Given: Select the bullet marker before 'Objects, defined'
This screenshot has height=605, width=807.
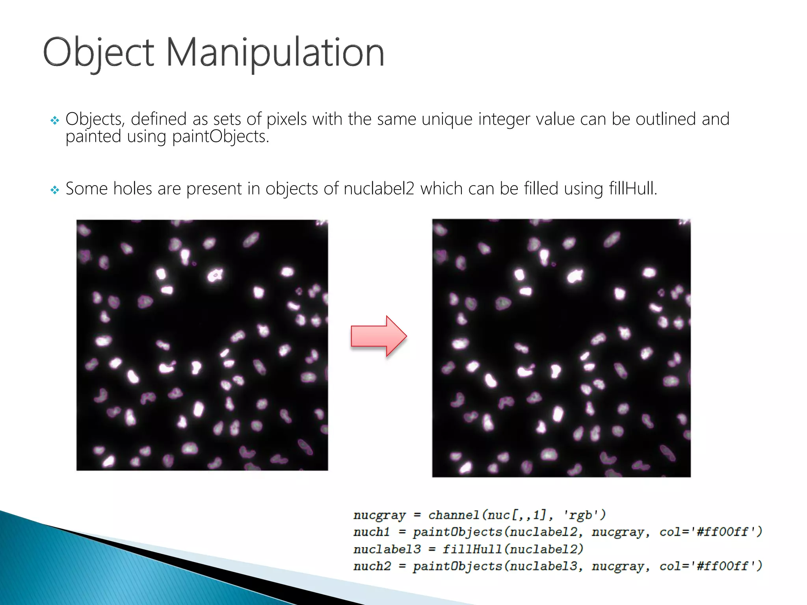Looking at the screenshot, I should point(55,120).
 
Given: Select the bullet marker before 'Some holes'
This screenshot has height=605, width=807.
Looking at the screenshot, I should point(55,190).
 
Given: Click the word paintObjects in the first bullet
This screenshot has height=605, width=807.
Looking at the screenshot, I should point(220,137).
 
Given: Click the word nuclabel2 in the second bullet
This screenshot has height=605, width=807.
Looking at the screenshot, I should point(379,189).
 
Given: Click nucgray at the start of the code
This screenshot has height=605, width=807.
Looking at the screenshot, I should point(379,515).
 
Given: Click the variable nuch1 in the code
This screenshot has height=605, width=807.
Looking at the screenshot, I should point(371,532).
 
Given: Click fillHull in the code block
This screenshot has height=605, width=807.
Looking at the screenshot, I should point(472,549).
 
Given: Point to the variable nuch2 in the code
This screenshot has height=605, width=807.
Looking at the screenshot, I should point(372,566).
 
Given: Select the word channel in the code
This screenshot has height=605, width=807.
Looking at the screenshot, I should point(453,515).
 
